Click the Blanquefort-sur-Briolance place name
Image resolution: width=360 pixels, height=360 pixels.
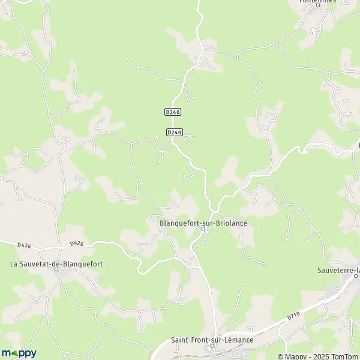[x=203, y=223]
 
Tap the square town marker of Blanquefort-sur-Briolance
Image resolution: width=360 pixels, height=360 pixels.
[x=203, y=229]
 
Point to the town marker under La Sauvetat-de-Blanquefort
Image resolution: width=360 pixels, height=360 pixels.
[x=58, y=269]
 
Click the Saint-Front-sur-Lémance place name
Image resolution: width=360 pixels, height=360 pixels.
[x=212, y=340]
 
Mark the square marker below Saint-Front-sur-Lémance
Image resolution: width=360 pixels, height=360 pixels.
[x=212, y=347]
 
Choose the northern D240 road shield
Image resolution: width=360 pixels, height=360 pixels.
[x=172, y=112]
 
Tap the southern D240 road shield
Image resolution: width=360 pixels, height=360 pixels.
[x=174, y=132]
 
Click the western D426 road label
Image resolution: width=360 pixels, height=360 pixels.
[x=24, y=245]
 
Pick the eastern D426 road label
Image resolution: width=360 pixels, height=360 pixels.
[x=76, y=244]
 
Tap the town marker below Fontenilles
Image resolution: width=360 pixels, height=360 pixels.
[x=317, y=8]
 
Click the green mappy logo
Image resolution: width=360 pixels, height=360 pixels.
[x=19, y=353]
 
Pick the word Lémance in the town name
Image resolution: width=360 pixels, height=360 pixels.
[x=239, y=340]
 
